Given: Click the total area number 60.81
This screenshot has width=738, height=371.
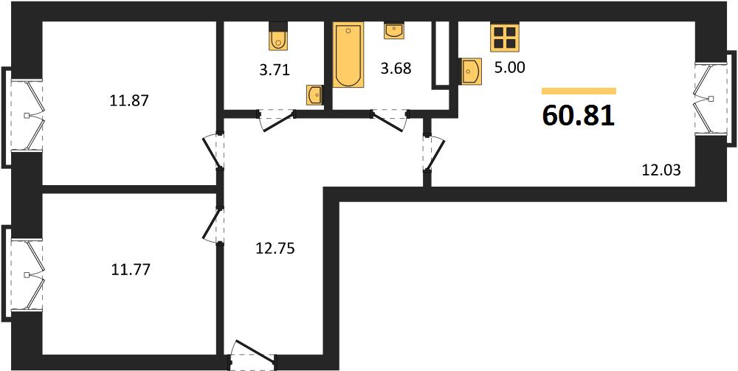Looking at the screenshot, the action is point(579,116).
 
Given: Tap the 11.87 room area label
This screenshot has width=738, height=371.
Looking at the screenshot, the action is point(129,100).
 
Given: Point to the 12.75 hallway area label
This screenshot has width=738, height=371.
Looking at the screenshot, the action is point(275,249).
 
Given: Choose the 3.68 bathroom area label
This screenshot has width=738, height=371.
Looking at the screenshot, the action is point(396,69).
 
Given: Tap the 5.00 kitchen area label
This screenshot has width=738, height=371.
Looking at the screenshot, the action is point(509,68).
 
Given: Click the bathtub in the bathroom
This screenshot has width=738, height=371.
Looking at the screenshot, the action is point(348,54).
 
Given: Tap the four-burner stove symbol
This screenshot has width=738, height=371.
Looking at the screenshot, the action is point(504,37).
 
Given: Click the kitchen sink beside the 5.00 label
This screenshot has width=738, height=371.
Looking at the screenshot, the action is point(471,71).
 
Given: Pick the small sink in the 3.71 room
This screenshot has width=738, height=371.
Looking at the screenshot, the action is point(314,95).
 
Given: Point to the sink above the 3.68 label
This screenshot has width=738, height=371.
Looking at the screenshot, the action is point(394,30).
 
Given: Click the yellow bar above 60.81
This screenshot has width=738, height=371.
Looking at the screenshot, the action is point(579,91).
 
